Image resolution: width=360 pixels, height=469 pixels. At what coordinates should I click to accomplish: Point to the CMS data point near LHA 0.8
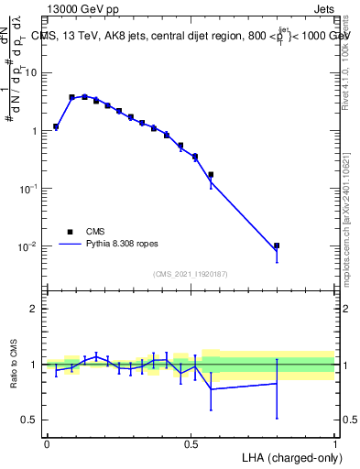click(x=277, y=245)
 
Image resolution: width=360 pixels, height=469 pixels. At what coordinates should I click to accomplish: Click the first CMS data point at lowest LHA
click(x=56, y=126)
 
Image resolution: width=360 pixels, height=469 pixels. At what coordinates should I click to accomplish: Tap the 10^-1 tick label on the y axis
click(x=32, y=189)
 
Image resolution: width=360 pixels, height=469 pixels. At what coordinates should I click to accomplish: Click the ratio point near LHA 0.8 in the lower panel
click(x=277, y=384)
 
